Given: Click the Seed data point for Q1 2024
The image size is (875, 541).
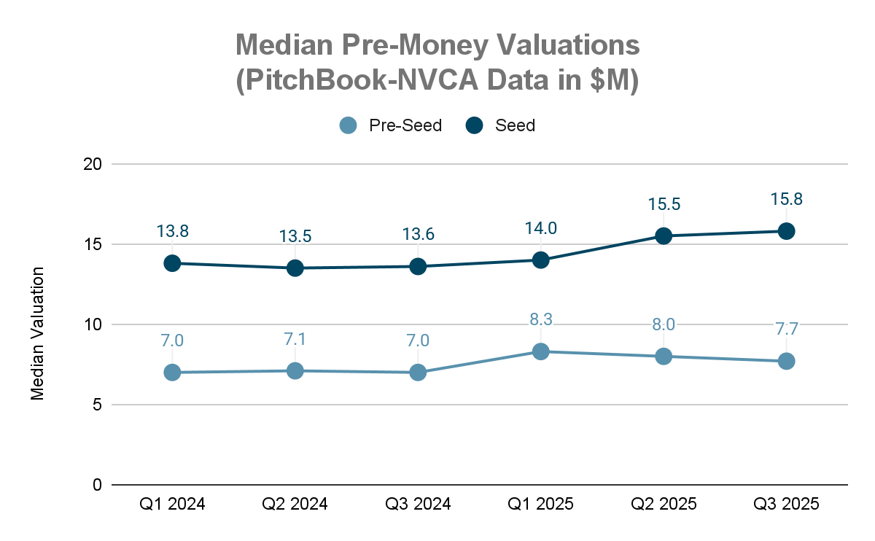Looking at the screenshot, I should [172, 263].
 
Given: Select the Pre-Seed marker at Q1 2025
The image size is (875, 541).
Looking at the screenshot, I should [540, 351].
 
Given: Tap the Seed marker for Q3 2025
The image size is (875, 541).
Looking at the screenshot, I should [786, 231].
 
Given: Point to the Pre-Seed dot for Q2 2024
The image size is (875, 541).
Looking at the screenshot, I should [295, 371].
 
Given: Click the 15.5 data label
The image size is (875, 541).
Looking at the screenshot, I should [664, 204].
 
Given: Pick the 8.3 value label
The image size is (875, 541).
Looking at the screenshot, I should [540, 319].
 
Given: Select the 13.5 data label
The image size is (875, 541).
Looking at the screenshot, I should [295, 237].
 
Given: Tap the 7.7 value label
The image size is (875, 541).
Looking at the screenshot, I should [786, 329].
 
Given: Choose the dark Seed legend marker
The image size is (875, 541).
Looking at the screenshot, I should [475, 125].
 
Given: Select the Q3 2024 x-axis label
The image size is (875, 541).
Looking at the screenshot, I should [418, 504].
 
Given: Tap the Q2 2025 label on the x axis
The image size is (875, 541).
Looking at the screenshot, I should [664, 504].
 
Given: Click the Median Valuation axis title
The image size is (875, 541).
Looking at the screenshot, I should [37, 333].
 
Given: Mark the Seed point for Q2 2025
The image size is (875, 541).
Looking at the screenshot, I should [664, 236].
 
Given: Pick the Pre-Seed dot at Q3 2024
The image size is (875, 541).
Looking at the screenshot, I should [418, 373].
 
